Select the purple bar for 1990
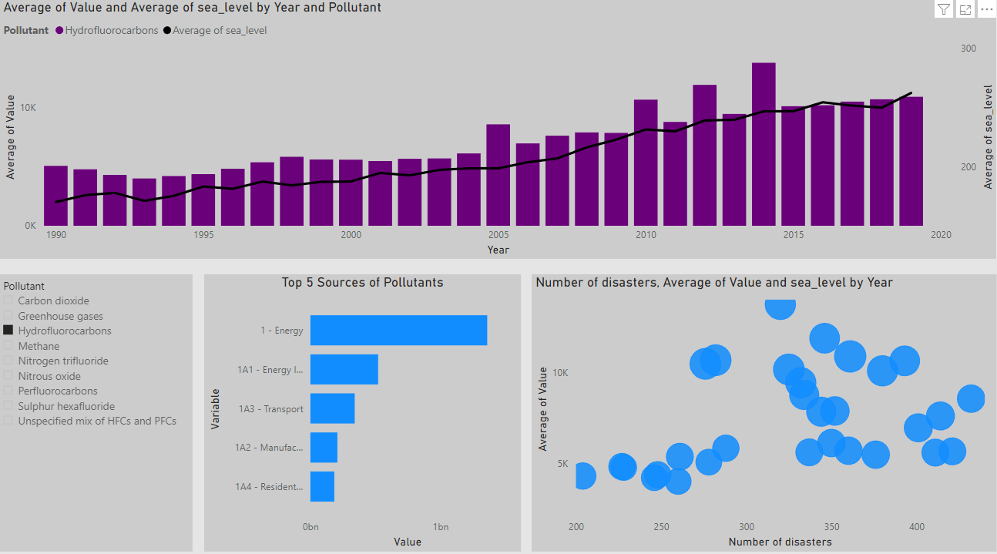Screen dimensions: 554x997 [x=55, y=196]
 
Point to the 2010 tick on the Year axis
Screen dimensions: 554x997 [x=646, y=235]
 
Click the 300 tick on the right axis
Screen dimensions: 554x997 [x=968, y=48]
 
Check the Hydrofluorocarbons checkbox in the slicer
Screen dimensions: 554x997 [x=8, y=331]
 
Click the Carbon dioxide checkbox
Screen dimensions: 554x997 [x=8, y=301]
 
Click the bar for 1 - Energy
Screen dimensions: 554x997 [x=398, y=330]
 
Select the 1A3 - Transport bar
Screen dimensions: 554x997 [x=332, y=408]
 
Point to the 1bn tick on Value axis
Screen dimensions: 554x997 [x=441, y=527]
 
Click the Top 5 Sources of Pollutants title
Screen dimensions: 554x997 [x=362, y=283]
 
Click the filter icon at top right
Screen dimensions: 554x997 [x=944, y=9]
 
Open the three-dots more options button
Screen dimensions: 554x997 [x=986, y=9]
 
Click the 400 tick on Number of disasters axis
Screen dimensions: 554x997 [x=917, y=526]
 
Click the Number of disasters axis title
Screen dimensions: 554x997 [x=780, y=542]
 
